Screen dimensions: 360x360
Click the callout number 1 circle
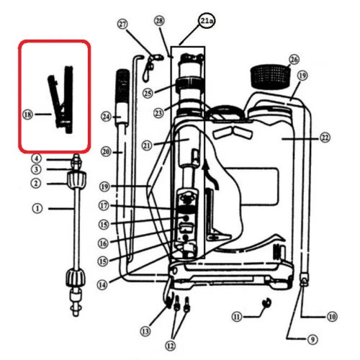point(37,209)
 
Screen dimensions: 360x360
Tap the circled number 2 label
point(35,183)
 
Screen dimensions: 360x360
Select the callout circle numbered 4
point(35,158)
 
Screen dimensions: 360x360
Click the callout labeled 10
point(331,315)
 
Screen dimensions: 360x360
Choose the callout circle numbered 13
point(146,331)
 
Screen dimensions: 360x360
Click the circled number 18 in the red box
point(28,114)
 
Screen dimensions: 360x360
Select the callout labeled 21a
point(207,22)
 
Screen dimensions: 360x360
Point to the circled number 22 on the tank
point(325,137)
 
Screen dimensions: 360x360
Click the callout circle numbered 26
point(293,59)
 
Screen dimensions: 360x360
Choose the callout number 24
point(107,116)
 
